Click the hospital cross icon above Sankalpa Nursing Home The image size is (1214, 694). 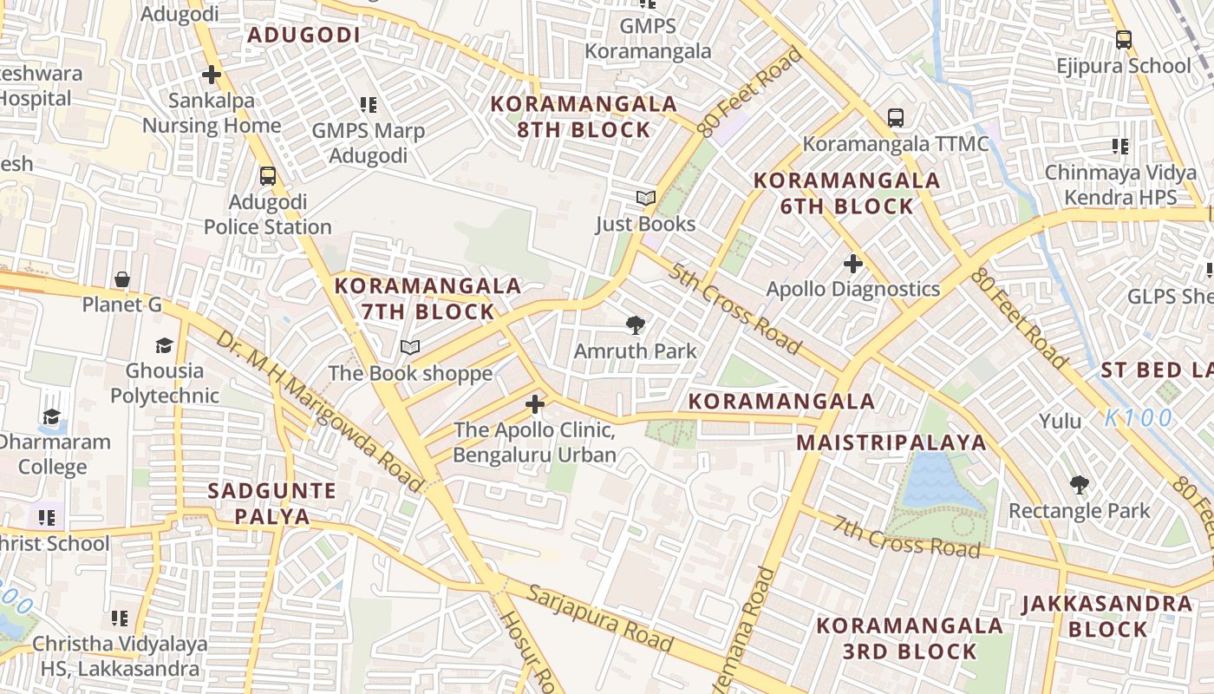pyautogui.click(x=211, y=75)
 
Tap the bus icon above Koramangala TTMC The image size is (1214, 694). pyautogui.click(x=895, y=117)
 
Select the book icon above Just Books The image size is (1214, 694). pyautogui.click(x=645, y=198)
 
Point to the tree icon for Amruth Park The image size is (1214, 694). pyautogui.click(x=636, y=325)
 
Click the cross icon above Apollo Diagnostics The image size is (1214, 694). pyautogui.click(x=853, y=263)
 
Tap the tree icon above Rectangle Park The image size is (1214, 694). pyautogui.click(x=1079, y=484)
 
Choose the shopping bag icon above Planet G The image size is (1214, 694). pyautogui.click(x=122, y=279)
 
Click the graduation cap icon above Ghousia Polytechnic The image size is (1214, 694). pyautogui.click(x=164, y=346)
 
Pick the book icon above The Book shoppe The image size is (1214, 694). pyautogui.click(x=410, y=348)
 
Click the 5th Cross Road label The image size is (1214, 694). pyautogui.click(x=734, y=308)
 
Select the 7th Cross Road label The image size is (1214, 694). pyautogui.click(x=907, y=537)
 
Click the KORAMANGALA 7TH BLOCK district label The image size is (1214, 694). pyautogui.click(x=428, y=298)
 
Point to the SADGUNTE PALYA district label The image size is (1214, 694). pyautogui.click(x=271, y=503)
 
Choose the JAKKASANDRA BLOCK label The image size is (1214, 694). pyautogui.click(x=1107, y=616)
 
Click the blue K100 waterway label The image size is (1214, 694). pyautogui.click(x=1139, y=418)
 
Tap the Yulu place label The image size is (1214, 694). pyautogui.click(x=1061, y=422)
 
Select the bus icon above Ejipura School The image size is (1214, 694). pyautogui.click(x=1123, y=39)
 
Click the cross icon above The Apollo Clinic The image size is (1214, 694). pyautogui.click(x=535, y=404)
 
